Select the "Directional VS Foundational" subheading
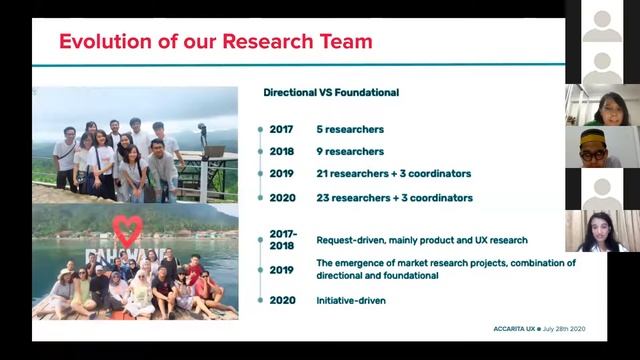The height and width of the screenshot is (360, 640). (331, 93)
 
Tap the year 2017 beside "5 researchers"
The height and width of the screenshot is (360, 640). (281, 129)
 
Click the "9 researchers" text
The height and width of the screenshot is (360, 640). (350, 152)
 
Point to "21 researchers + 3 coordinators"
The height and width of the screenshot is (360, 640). (394, 174)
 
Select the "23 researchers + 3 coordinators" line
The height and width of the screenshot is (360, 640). (394, 198)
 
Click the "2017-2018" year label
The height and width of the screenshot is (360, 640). (283, 240)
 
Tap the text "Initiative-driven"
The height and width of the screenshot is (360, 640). (351, 300)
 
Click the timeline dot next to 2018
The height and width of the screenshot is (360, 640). (261, 152)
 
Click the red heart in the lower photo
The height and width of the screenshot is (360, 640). (127, 230)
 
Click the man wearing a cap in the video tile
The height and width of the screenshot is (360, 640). (601, 147)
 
